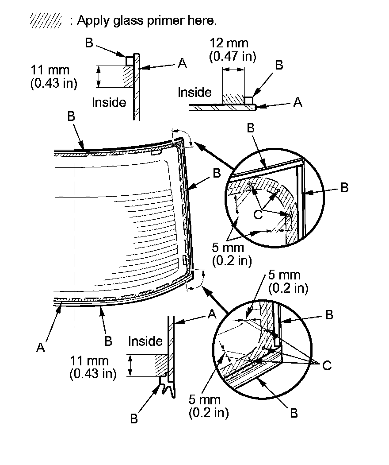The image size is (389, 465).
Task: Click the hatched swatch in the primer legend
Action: tap(46, 20)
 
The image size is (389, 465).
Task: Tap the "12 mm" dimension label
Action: tap(229, 43)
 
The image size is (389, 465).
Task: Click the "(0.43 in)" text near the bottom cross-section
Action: tap(93, 373)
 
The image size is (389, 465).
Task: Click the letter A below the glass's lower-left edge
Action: tap(41, 348)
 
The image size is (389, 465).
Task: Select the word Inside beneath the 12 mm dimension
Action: tap(194, 93)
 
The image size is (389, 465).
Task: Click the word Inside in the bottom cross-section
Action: tap(145, 341)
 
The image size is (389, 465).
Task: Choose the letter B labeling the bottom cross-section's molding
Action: tap(134, 418)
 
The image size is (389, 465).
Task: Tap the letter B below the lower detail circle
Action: tap(293, 413)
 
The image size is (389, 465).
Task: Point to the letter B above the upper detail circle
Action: tap(251, 128)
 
